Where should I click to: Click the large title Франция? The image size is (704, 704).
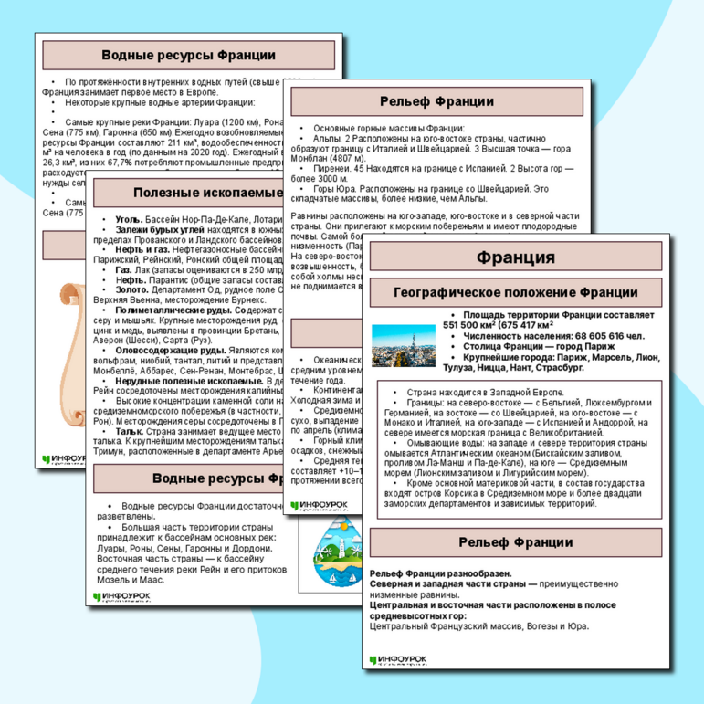coord(515,257)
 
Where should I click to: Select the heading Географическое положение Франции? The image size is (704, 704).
coord(515,293)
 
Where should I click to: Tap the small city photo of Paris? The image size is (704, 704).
coord(404,345)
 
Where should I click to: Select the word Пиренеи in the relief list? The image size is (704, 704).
coord(333,169)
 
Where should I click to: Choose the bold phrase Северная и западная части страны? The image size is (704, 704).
coord(446,583)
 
